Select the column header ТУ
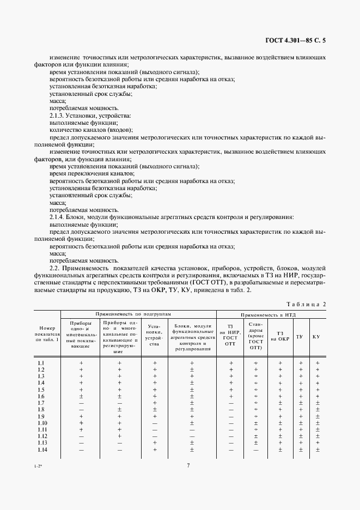pos(300,337)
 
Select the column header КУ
pos(316,337)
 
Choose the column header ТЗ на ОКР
pos(280,337)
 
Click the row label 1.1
pos(41,363)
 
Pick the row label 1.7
pos(41,402)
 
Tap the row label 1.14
pos(42,450)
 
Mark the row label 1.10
pos(42,423)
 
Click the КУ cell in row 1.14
pos(317,450)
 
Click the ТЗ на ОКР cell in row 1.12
pos(280,436)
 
